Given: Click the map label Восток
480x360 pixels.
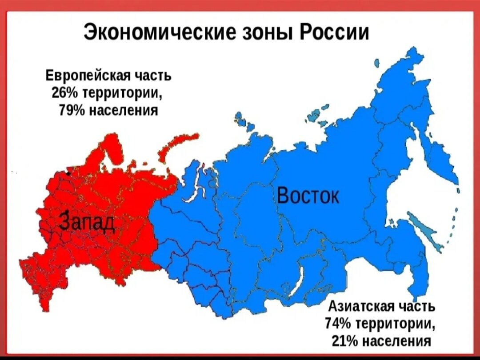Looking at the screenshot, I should coord(308,196).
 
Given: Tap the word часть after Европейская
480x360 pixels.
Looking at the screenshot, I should coord(153,75).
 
